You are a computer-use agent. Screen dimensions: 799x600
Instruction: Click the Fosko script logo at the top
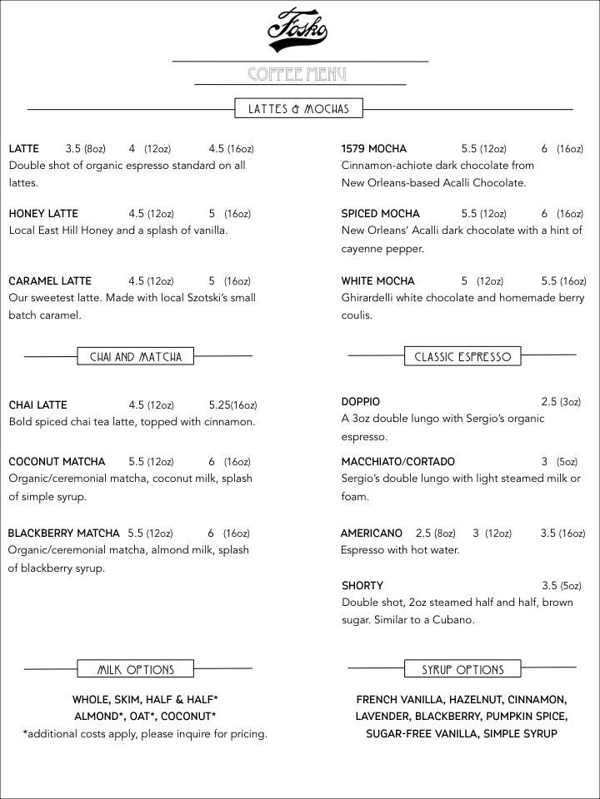tap(297, 28)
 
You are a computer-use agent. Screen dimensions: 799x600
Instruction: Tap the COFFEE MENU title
tap(297, 75)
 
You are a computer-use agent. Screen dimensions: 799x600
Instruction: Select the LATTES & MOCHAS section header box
tap(297, 109)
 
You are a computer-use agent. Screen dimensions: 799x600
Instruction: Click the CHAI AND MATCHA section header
tap(135, 357)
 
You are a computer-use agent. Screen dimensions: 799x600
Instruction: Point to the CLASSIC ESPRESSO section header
tap(462, 357)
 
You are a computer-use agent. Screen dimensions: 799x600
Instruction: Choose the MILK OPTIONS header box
tap(135, 670)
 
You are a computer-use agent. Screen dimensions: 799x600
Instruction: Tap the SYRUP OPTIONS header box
tap(462, 670)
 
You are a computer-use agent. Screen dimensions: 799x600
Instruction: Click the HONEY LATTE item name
tap(43, 214)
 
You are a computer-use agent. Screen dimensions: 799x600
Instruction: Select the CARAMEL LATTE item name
tap(50, 281)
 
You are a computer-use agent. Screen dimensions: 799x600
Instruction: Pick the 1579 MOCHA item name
tap(374, 149)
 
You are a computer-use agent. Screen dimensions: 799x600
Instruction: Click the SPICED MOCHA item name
tap(381, 214)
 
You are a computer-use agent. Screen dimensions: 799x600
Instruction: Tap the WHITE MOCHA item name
tap(377, 281)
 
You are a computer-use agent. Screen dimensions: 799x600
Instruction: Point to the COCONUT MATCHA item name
tap(57, 462)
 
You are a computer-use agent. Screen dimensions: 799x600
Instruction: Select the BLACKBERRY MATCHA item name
tap(63, 533)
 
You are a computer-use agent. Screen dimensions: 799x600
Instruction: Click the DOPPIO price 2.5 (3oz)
tap(560, 402)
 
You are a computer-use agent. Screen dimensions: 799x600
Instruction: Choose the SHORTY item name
tap(362, 586)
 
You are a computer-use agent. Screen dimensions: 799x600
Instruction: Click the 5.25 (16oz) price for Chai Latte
tap(233, 405)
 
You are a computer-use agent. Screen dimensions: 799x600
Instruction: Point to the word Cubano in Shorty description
tap(451, 620)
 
